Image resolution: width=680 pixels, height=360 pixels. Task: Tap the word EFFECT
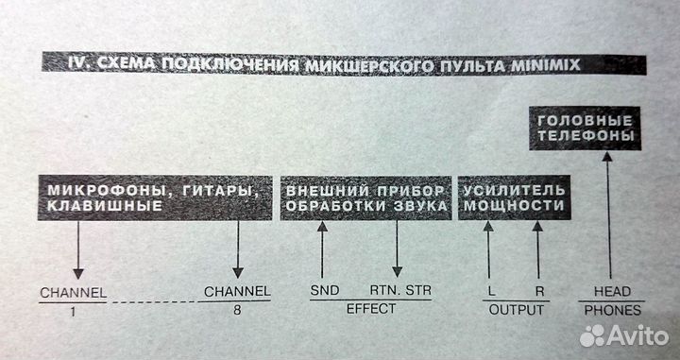tap(364, 308)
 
